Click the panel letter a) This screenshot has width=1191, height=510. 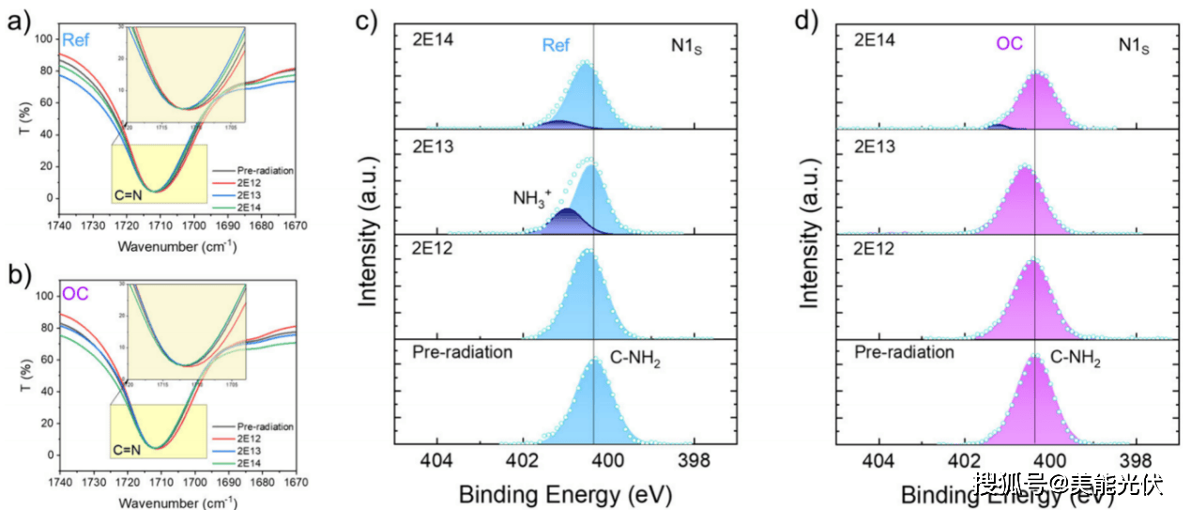coord(18,19)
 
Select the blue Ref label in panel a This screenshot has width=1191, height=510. coord(75,40)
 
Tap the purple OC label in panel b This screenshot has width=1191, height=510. coord(75,294)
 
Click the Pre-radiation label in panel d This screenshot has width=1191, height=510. coord(904,352)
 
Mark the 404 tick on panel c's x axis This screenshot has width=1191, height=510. coord(435,460)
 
